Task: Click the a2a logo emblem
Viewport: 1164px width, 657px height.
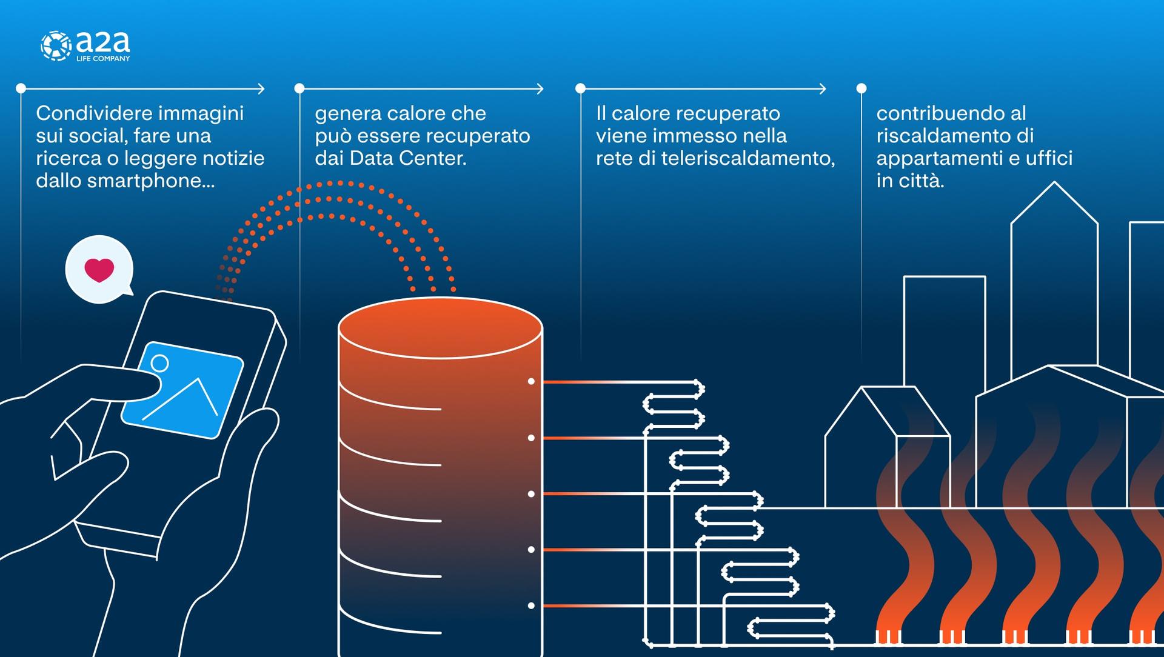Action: pos(56,46)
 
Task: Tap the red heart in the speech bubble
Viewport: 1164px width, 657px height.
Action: pos(99,270)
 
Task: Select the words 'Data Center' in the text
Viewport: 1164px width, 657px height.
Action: pos(407,158)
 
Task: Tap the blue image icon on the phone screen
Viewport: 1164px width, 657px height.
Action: pos(182,390)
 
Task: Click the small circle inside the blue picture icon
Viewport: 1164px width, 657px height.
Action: pos(160,363)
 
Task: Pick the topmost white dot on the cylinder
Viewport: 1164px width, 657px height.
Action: pos(531,381)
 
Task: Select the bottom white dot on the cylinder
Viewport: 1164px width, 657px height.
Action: pos(531,605)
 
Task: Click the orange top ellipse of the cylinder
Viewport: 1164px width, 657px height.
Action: pos(440,327)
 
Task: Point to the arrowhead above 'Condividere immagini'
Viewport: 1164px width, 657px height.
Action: pos(261,89)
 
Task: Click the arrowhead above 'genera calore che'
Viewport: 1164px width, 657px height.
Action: pos(540,89)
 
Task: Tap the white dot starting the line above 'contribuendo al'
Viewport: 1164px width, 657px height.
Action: pos(861,88)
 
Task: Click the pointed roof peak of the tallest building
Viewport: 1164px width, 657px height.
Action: pos(1054,183)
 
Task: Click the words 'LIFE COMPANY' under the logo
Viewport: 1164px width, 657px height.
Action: pos(103,59)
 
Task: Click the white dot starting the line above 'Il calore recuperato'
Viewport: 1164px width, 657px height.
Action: pos(580,88)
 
